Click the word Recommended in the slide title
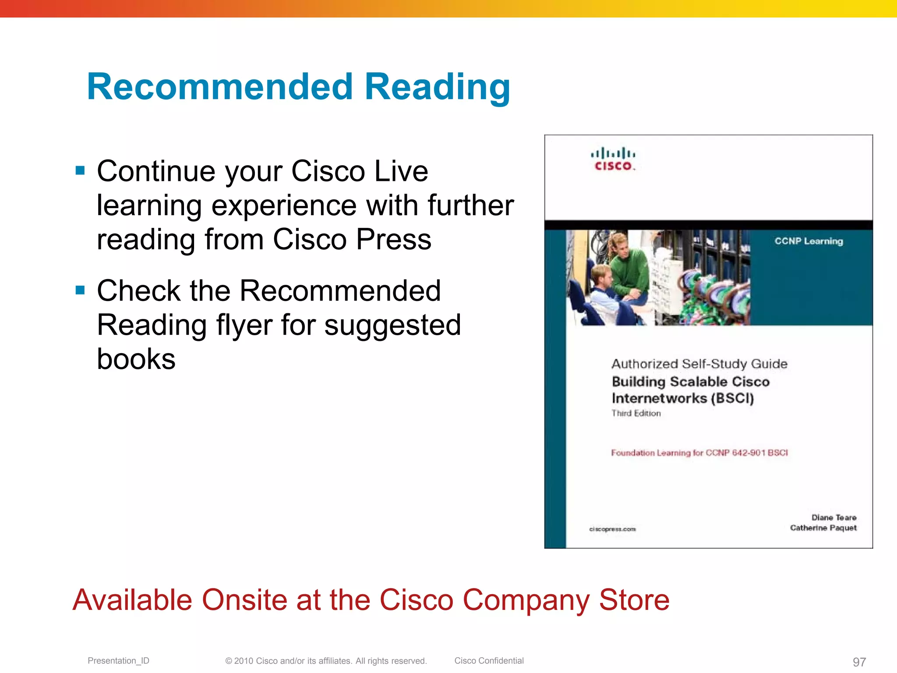(219, 87)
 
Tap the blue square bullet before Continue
(80, 170)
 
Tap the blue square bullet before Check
(80, 290)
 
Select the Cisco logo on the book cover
(613, 159)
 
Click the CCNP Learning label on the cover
(809, 241)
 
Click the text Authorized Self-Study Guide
(699, 364)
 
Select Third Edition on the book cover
(636, 413)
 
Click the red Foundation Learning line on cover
(699, 453)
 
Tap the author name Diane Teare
(834, 517)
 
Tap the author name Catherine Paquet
(823, 528)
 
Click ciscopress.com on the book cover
(612, 529)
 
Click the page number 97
(859, 662)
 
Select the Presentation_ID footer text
(118, 661)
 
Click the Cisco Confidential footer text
(489, 661)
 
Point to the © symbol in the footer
(229, 661)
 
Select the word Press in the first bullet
(394, 239)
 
